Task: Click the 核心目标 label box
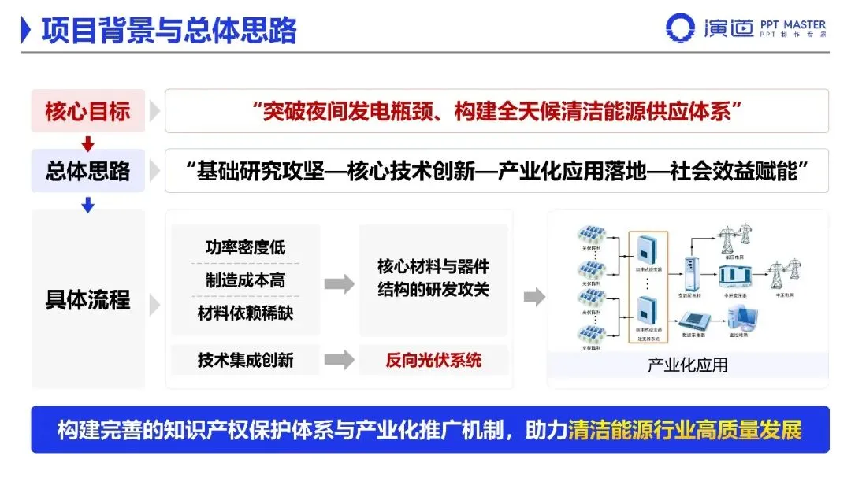(87, 111)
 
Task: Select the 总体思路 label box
(87, 171)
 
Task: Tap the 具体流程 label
(87, 300)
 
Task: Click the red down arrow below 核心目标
(88, 143)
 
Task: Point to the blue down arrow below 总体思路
(88, 205)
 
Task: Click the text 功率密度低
(245, 247)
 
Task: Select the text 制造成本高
(245, 280)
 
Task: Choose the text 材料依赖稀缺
(245, 313)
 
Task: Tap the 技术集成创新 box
(245, 360)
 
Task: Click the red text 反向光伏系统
(433, 360)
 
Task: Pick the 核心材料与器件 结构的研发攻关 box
(433, 279)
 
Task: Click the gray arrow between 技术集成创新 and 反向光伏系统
(339, 360)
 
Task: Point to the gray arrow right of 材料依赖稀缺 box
(339, 284)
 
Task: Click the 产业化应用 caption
(687, 365)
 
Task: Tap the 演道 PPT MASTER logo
(745, 28)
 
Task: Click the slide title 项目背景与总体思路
(169, 30)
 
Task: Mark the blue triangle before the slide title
(26, 30)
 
